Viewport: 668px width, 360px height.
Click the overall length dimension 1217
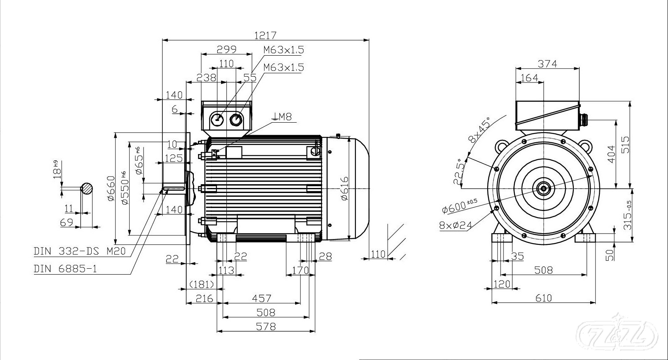pos(265,35)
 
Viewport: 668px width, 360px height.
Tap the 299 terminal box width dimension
pos(226,49)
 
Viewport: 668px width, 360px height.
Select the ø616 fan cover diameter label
pos(344,188)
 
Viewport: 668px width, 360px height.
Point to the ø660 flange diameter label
pos(111,188)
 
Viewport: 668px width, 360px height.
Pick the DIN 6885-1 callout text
pos(65,269)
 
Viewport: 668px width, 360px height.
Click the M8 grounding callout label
pos(283,117)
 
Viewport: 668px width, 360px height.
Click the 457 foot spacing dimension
pos(261,298)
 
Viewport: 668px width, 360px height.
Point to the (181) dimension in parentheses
pos(202,284)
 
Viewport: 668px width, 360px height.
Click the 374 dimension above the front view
pos(547,64)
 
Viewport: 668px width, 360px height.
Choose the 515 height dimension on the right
pos(625,145)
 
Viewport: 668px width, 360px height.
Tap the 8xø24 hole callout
pos(455,225)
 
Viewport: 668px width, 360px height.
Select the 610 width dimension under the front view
pos(543,298)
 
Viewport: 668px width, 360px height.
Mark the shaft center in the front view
pos(543,188)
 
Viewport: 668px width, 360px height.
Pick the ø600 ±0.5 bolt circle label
pos(460,205)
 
